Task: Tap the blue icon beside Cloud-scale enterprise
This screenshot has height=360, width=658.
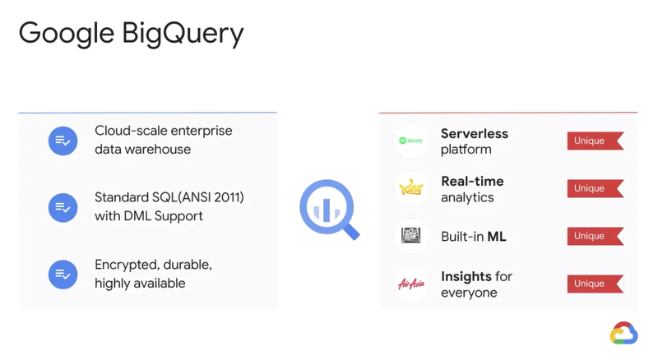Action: coord(63,141)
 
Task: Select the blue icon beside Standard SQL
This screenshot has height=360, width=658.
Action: coord(63,207)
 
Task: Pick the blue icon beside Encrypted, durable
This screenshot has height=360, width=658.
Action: coord(63,274)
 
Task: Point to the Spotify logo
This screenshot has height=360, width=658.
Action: coord(410,141)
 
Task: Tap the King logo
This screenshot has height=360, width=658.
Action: coord(410,188)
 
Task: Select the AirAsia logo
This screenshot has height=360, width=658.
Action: coord(410,284)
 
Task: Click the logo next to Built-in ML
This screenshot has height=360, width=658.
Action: coord(410,236)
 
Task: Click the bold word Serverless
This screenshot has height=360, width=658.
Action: coord(474,133)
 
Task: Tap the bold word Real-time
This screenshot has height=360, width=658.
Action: coord(472,181)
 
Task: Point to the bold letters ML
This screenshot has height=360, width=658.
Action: coord(496,237)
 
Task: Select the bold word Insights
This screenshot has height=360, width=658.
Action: coord(466,276)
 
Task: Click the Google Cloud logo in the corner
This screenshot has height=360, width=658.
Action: coord(623,333)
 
